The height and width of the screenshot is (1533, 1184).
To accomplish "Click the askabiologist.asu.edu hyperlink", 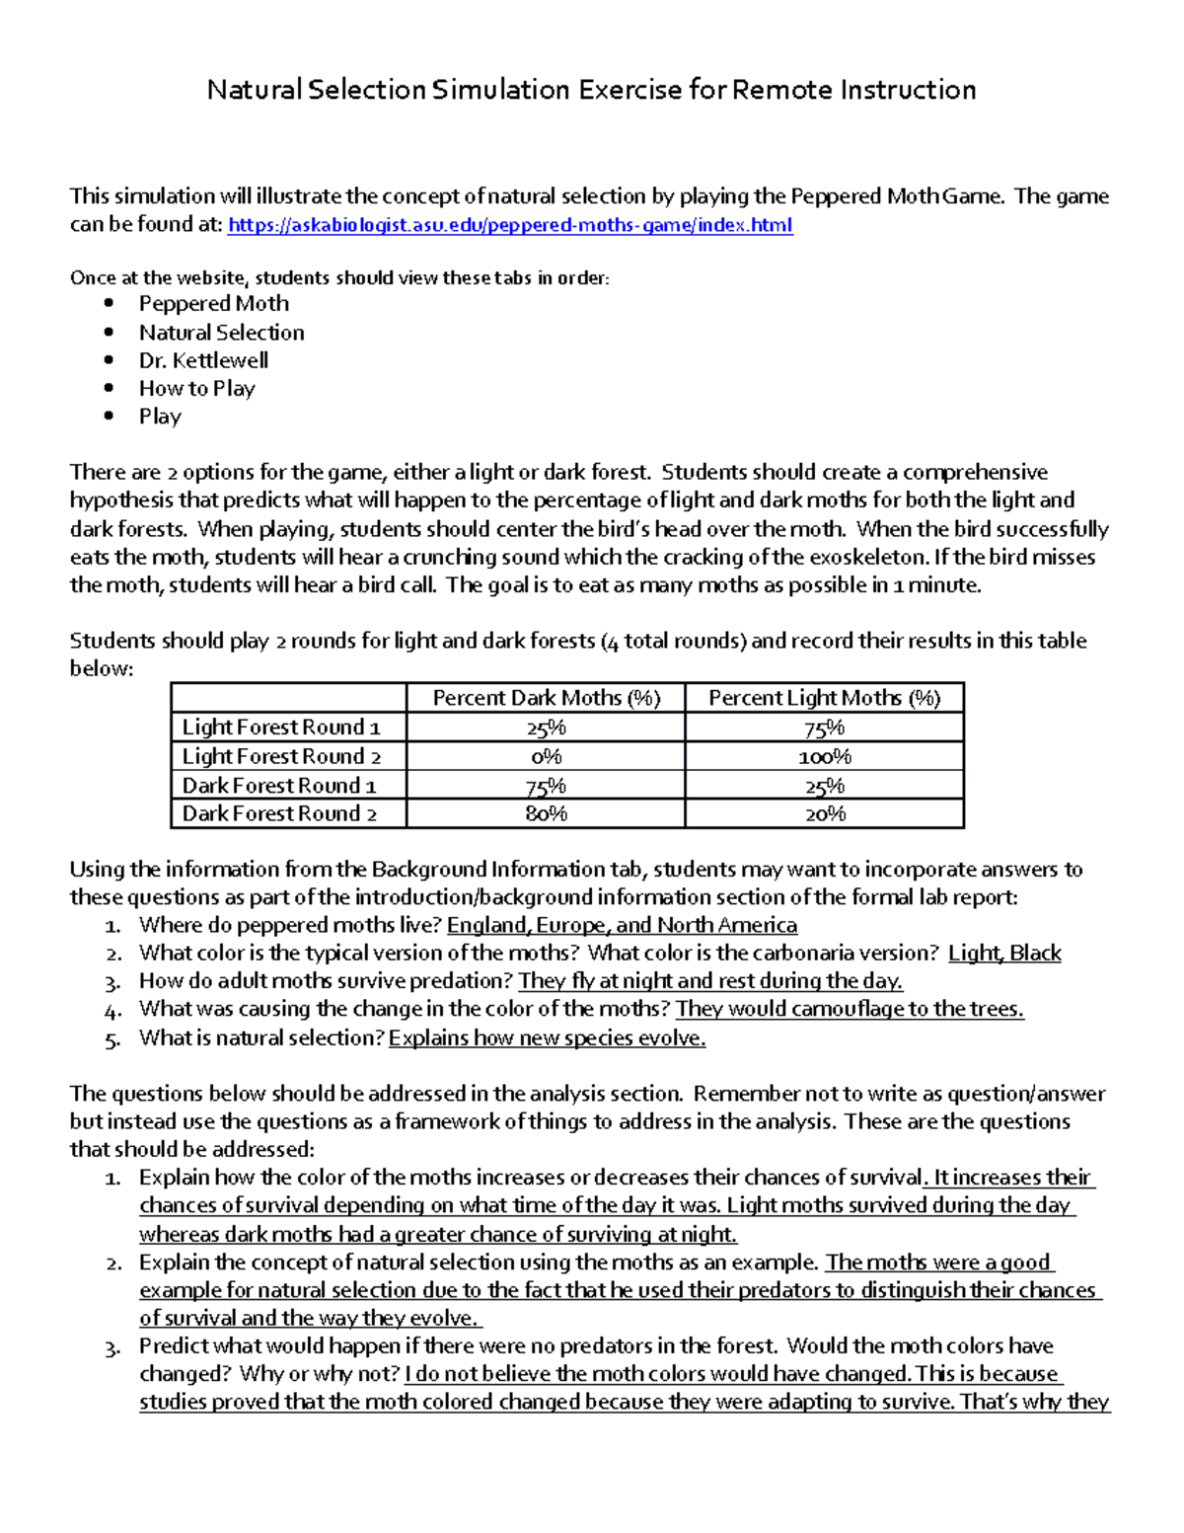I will tap(510, 225).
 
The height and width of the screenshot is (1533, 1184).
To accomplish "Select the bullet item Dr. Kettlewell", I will tap(203, 360).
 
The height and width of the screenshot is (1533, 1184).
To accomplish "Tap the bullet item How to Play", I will tap(196, 388).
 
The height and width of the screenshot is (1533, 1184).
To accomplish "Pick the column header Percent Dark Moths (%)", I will tap(546, 698).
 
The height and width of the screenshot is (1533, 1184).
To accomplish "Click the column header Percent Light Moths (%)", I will tap(824, 698).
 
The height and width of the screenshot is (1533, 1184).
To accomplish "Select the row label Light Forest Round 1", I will tap(281, 728).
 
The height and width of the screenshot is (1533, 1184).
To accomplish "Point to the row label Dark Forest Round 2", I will tap(279, 813).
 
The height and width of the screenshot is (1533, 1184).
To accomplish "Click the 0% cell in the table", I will tap(546, 757).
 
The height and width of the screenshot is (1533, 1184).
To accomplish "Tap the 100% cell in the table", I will tap(824, 757).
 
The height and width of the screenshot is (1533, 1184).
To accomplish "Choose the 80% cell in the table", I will tap(546, 814).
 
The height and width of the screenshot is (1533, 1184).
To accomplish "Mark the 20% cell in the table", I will tap(824, 814).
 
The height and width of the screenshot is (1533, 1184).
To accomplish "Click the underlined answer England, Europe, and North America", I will tap(622, 926).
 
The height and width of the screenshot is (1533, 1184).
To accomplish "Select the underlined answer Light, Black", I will tap(1004, 954).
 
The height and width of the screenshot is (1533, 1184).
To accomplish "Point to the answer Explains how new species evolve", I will tap(547, 1038).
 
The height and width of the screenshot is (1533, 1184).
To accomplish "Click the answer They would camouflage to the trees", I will tap(850, 1009).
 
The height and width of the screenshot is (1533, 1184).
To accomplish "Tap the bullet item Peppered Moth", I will tap(213, 304).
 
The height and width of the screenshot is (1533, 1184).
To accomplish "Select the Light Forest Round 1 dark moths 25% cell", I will tap(546, 728).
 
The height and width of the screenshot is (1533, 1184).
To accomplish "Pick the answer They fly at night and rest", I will tap(710, 981).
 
